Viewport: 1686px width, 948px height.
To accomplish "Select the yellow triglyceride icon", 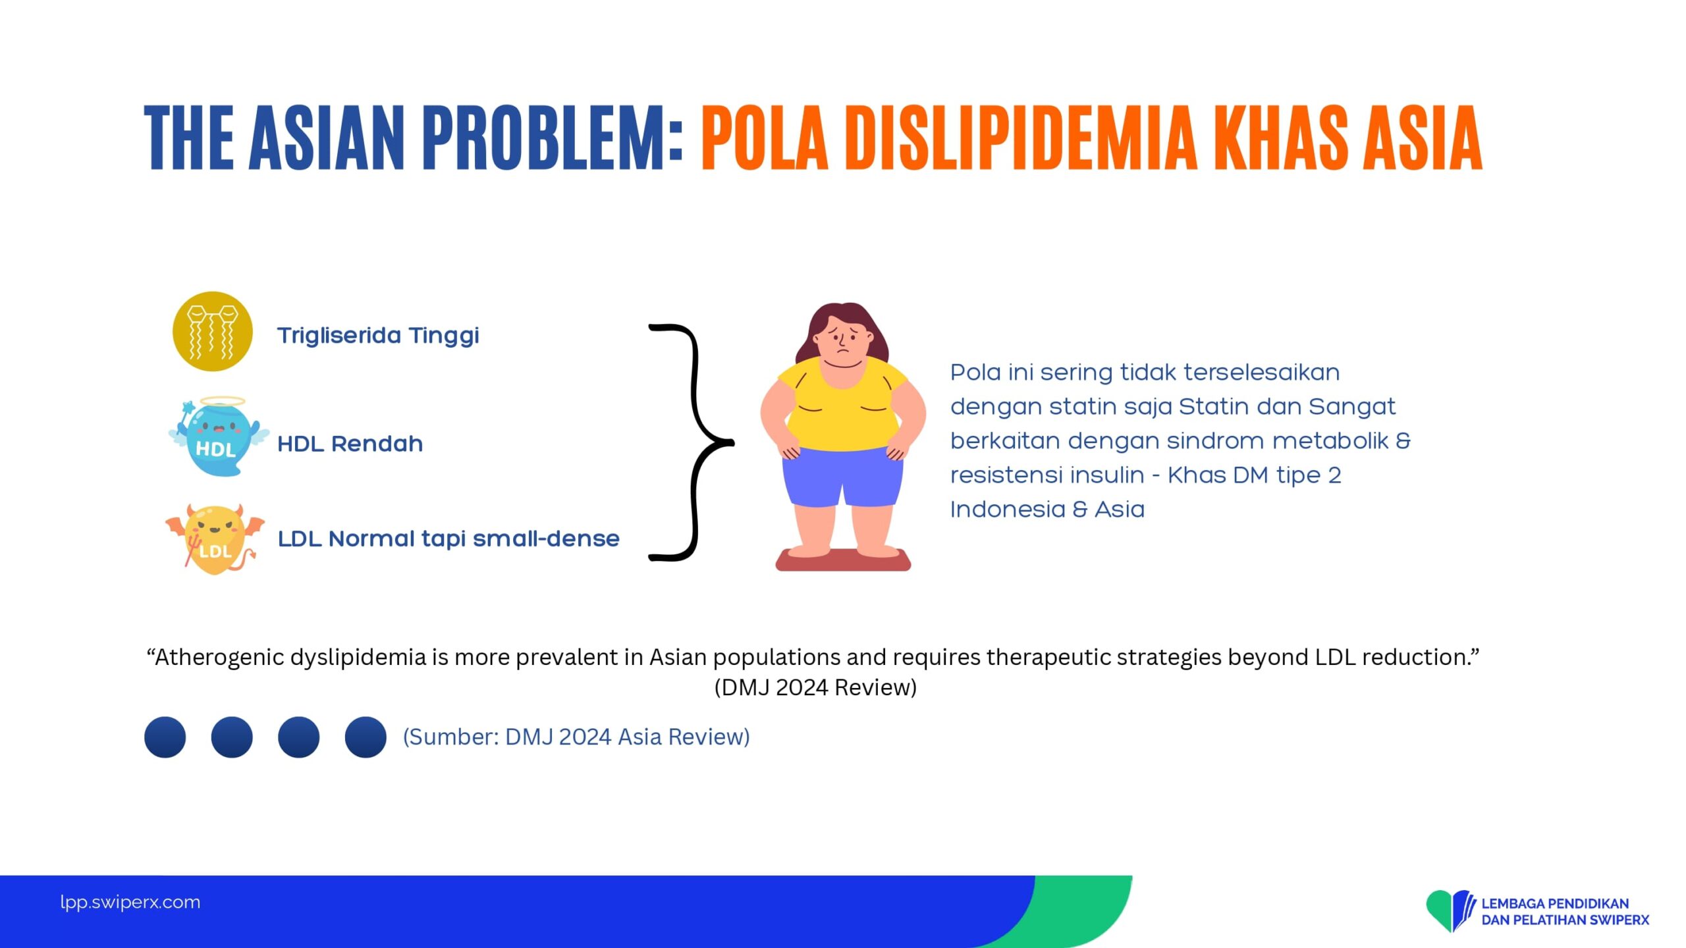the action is [212, 331].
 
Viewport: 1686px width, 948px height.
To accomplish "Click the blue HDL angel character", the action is [219, 436].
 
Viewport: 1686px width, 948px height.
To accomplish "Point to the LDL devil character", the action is [215, 539].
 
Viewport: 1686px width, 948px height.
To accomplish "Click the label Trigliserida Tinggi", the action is [378, 336].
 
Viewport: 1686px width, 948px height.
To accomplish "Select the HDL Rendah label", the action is [350, 444].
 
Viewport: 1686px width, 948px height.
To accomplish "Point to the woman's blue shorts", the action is [842, 477].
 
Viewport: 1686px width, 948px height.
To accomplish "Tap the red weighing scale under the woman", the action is [843, 560].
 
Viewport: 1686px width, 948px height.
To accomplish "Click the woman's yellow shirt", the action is [842, 405].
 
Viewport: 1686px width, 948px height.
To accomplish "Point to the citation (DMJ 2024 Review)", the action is [815, 687].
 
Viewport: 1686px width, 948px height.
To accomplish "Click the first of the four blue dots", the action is [165, 737].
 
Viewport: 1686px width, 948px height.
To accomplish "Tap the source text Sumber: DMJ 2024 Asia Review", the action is [576, 737].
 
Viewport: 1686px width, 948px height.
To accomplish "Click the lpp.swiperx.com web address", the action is [130, 902].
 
